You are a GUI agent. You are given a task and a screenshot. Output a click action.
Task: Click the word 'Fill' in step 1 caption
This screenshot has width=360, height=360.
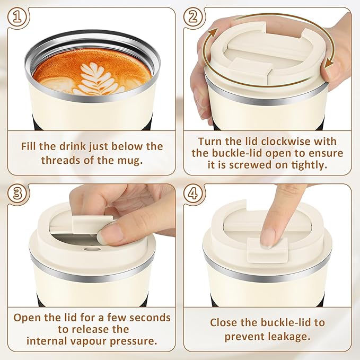[x=30, y=146]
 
